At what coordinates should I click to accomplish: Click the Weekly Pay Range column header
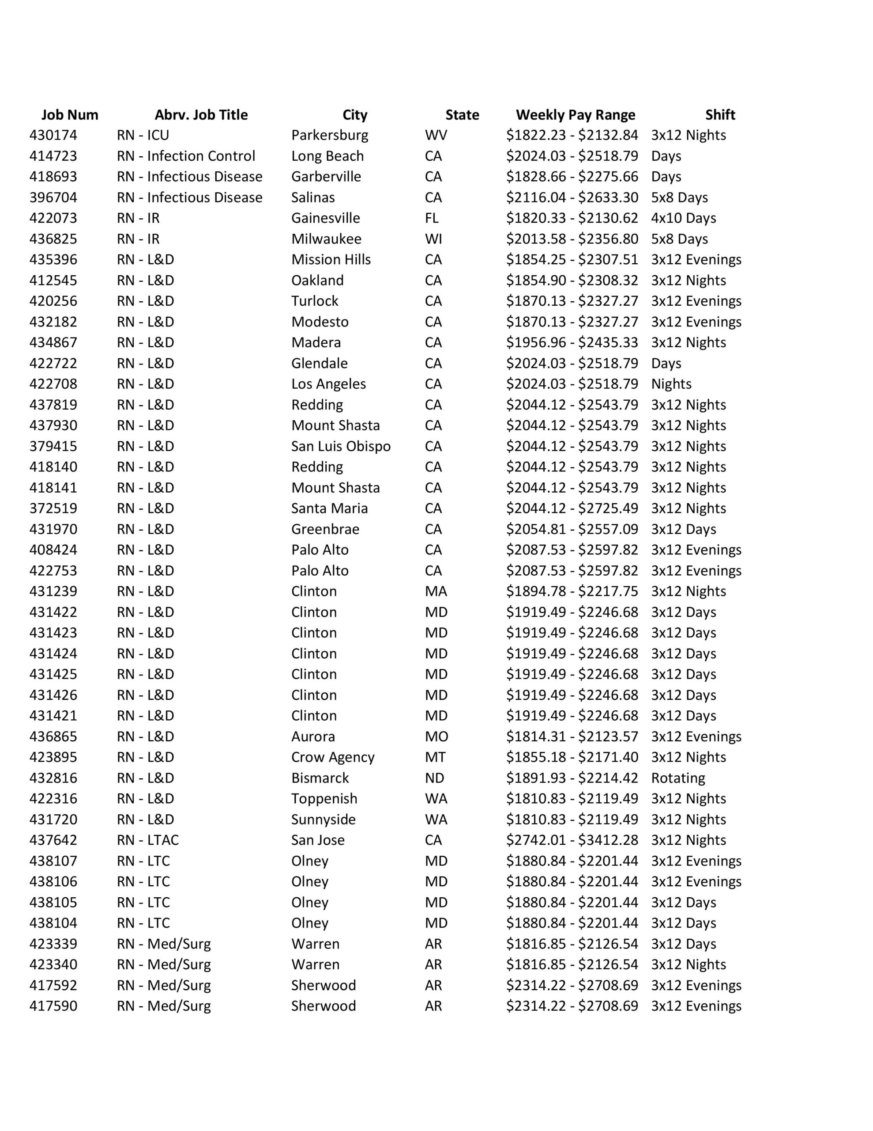pos(575,114)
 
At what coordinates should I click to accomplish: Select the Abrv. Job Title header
pos(201,114)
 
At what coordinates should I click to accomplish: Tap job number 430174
pos(53,135)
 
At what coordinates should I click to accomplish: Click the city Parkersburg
pos(330,135)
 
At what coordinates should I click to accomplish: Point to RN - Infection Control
pos(186,156)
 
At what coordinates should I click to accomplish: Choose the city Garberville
pos(326,177)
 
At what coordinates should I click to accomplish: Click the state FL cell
pos(432,218)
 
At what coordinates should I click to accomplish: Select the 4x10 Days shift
pos(683,218)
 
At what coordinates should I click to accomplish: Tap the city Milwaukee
pos(326,239)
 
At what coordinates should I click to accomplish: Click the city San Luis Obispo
pos(341,446)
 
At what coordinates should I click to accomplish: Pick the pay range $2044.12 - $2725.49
pos(572,508)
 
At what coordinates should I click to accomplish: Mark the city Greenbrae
pos(325,529)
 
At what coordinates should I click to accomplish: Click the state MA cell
pos(436,591)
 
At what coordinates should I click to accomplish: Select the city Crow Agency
pos(332,757)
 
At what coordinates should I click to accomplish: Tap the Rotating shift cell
pos(678,777)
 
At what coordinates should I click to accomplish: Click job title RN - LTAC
pos(147,839)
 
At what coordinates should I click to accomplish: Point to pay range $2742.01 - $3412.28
pos(572,839)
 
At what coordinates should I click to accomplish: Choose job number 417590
pos(53,1005)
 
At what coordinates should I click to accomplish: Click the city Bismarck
pos(320,777)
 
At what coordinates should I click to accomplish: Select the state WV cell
pos(436,135)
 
